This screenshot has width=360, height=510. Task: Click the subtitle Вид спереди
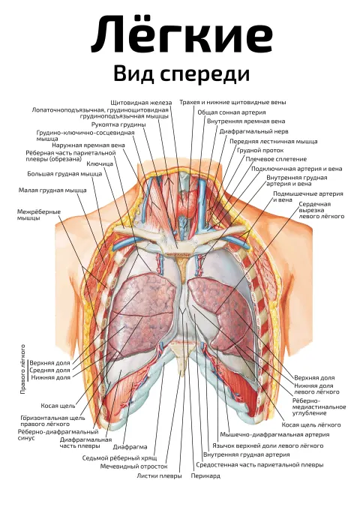click(x=181, y=73)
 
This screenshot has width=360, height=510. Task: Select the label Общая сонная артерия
click(x=232, y=112)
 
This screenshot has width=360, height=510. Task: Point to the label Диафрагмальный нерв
click(x=253, y=132)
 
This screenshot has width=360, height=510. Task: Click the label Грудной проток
click(x=260, y=151)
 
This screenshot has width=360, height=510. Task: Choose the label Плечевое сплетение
click(x=276, y=159)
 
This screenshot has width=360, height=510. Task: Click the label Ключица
click(x=100, y=163)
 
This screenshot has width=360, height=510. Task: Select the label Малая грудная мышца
click(x=52, y=190)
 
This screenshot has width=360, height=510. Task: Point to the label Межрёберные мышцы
click(x=39, y=215)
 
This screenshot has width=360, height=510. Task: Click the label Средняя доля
click(x=49, y=370)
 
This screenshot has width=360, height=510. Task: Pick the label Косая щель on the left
click(x=58, y=406)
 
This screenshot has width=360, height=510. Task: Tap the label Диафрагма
click(x=130, y=447)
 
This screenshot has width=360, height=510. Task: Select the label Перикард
click(x=205, y=476)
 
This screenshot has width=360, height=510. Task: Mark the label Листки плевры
click(x=159, y=476)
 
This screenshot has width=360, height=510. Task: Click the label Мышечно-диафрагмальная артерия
click(x=274, y=434)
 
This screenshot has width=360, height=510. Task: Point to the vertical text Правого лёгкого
click(x=23, y=369)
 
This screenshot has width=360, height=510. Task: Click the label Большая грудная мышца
click(x=64, y=174)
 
